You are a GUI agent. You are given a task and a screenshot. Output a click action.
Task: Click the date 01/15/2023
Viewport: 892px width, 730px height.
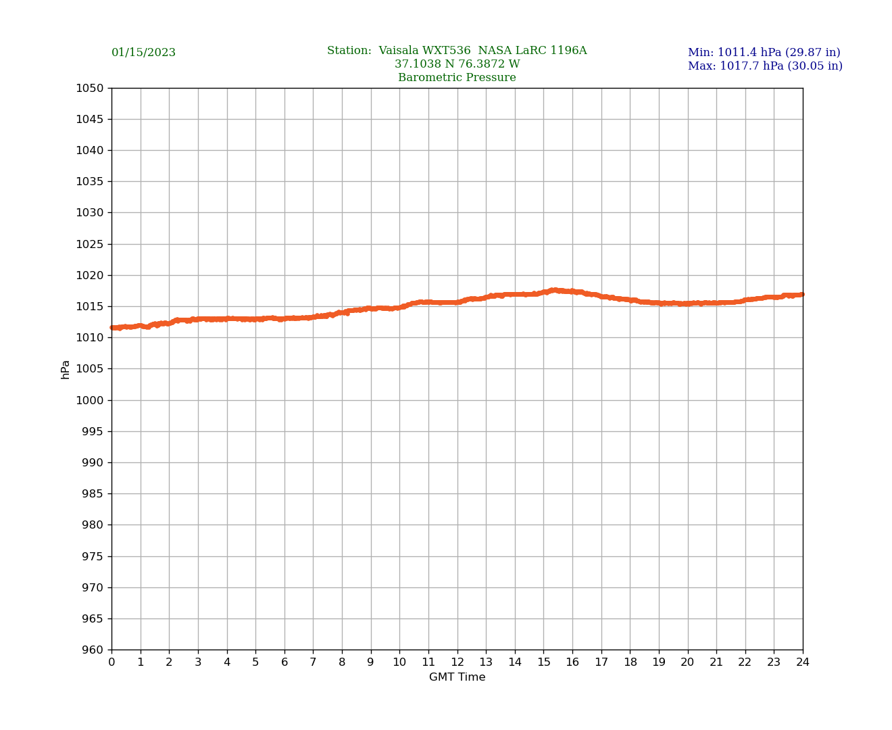143,53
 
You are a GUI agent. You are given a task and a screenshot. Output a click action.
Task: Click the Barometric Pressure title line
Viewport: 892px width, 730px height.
457,78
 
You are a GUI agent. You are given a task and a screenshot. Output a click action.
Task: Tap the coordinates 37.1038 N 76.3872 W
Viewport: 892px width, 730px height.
457,64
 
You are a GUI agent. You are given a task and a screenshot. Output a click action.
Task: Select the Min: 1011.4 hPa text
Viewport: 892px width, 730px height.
764,53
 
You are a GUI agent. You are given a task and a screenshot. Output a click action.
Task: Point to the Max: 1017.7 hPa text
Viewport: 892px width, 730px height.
765,66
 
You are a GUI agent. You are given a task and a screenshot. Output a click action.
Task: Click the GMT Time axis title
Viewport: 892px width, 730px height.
457,677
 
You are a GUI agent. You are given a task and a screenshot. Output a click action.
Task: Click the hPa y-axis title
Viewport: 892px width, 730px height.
66,369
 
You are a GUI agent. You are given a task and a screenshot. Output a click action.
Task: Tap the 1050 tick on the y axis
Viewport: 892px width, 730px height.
91,88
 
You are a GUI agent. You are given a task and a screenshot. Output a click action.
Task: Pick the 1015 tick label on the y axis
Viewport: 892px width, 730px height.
91,306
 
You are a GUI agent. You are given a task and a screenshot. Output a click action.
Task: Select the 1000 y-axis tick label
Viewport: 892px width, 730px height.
91,400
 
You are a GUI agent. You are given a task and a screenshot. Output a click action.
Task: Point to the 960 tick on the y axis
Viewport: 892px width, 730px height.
93,650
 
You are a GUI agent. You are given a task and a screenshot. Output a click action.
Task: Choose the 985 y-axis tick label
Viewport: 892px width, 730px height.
93,493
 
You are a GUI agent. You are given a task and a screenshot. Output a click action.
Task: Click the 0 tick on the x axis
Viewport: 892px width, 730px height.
111,662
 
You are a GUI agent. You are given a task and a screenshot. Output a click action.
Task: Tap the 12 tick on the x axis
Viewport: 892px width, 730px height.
457,662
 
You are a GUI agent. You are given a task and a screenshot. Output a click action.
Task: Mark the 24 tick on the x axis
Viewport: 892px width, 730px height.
803,662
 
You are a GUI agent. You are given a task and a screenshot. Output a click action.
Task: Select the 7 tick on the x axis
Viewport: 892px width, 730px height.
313,662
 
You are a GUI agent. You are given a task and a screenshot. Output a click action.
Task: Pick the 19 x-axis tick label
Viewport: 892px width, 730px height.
659,662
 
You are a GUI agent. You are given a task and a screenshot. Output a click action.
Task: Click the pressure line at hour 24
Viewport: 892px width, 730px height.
802,294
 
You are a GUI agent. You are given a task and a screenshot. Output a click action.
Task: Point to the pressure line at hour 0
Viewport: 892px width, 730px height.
112,328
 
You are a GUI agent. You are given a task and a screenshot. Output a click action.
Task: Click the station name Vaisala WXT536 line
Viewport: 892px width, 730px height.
457,51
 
